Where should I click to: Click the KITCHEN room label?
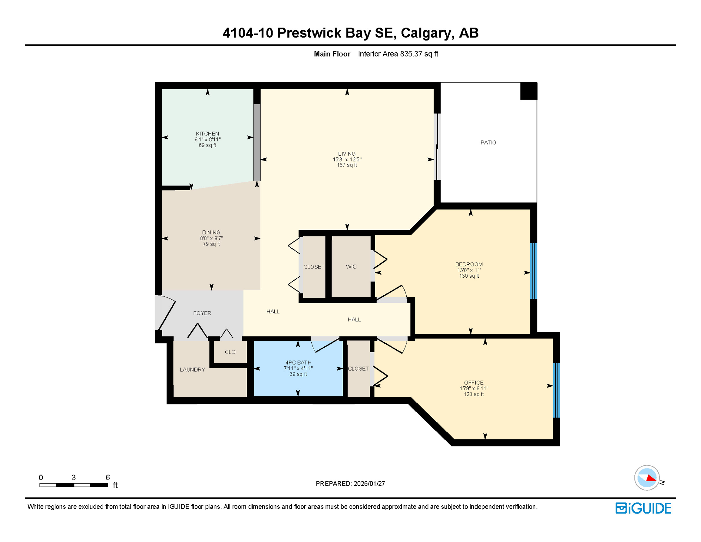tap(207, 134)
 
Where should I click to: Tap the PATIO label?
tap(488, 143)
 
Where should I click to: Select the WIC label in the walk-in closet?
tap(351, 267)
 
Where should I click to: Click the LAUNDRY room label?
tap(192, 369)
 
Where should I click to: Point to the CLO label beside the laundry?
tap(230, 352)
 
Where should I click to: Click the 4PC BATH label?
tap(298, 363)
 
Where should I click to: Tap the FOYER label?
tap(202, 313)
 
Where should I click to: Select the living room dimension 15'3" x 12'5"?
tap(347, 159)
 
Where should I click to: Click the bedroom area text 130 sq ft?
tap(469, 276)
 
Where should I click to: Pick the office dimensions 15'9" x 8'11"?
tap(474, 389)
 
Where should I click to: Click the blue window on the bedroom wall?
tap(534, 271)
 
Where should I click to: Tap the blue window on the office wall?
tap(556, 390)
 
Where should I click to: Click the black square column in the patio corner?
tap(529, 91)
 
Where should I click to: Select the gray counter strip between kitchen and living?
tap(257, 142)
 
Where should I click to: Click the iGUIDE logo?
tap(643, 508)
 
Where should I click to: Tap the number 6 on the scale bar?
tap(108, 477)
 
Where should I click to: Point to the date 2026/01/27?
tap(369, 484)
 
